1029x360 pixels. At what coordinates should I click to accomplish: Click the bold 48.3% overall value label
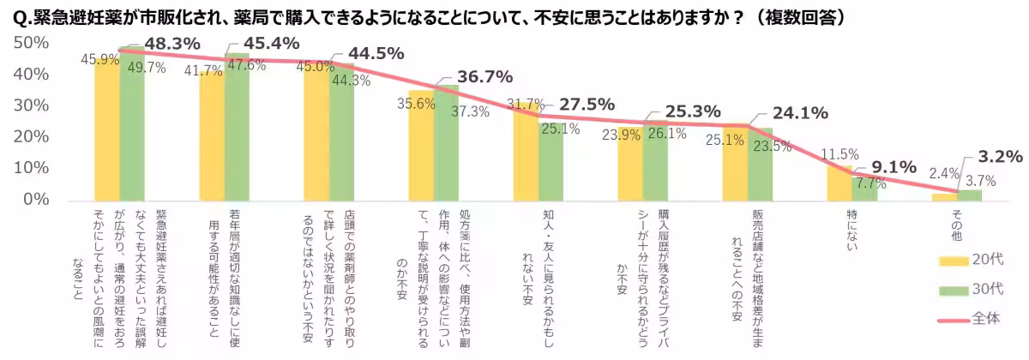tap(171, 43)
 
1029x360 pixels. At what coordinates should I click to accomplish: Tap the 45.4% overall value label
tap(272, 43)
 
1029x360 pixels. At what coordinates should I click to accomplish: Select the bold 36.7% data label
tap(485, 76)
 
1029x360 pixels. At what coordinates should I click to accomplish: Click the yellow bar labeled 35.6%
tap(421, 146)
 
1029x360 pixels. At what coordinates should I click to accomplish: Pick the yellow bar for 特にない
tap(839, 182)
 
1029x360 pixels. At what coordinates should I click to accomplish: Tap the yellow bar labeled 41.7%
tap(212, 135)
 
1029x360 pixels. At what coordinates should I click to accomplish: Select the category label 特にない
tap(851, 231)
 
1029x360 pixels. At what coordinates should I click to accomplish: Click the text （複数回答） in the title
tap(797, 18)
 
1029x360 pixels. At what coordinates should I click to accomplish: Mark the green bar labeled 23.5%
tap(760, 165)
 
